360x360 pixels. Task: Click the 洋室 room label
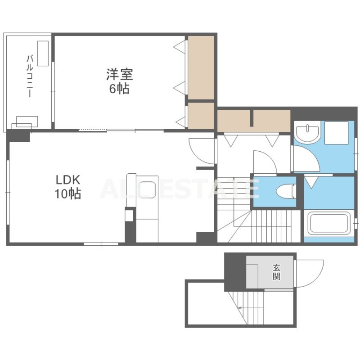[x=120, y=74]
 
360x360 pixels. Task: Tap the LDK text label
[x=68, y=180]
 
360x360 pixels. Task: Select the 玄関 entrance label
[x=276, y=272]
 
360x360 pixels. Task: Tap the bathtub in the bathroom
[x=328, y=223]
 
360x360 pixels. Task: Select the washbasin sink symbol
[x=307, y=134]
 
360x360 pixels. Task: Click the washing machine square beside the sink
[x=336, y=133]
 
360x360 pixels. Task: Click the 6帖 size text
[x=119, y=89]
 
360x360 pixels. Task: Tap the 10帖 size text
[x=68, y=194]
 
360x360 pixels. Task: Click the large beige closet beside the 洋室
[x=201, y=67]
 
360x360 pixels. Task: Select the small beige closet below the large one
[x=201, y=116]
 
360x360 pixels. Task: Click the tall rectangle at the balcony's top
[x=43, y=54]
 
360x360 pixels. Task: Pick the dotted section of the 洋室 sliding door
[x=93, y=130]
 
